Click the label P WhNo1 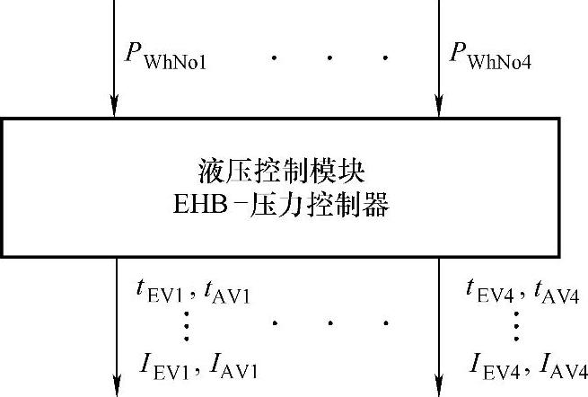click(x=169, y=57)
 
